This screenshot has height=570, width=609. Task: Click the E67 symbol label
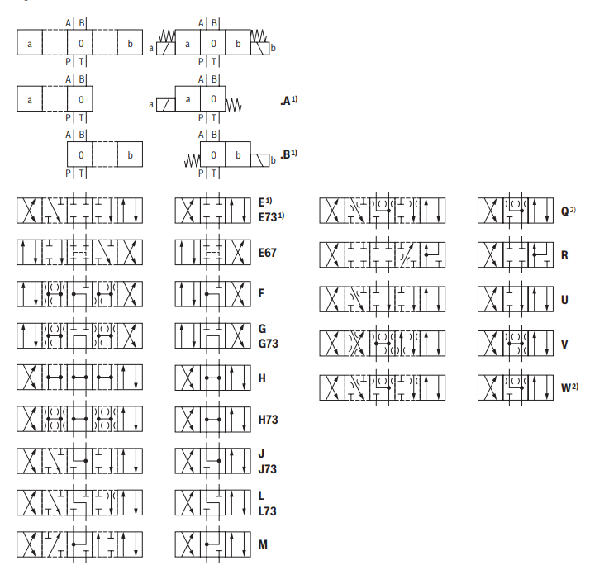[267, 252]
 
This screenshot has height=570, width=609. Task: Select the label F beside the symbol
[261, 293]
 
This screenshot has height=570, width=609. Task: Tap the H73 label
[267, 420]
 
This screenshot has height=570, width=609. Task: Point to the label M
[262, 544]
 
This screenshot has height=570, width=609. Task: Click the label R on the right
[564, 255]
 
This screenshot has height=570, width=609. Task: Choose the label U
[564, 299]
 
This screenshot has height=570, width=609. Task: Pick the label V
[564, 344]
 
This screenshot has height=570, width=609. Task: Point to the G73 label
[267, 343]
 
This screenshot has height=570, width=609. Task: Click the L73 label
[267, 511]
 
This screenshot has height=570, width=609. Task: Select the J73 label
[267, 469]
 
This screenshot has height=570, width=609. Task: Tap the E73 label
[269, 216]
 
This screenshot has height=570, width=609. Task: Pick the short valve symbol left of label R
[515, 253]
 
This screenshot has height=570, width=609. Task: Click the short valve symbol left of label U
[515, 297]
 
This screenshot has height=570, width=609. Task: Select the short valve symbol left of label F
[212, 292]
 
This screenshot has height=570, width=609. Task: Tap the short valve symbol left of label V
[515, 341]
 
